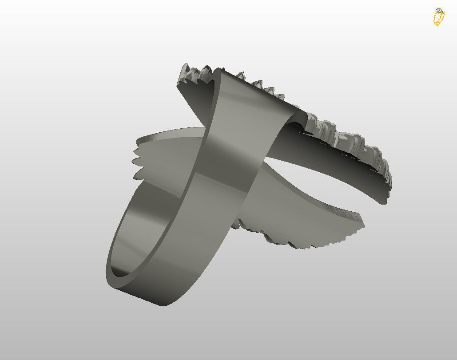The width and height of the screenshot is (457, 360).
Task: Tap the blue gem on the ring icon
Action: pos(439,11)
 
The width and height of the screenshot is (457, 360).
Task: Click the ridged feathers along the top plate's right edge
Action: pos(355,142)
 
